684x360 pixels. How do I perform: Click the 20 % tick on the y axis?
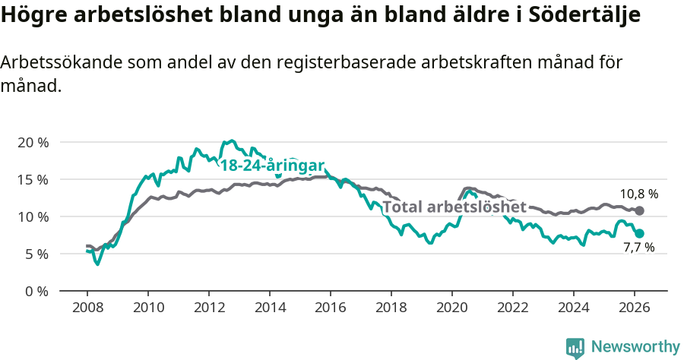tap(32, 142)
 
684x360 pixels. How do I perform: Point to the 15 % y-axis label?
tap(32, 179)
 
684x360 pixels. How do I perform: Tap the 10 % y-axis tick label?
tap(32, 216)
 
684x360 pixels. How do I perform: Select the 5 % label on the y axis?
tap(36, 254)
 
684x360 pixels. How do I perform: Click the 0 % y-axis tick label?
tap(36, 291)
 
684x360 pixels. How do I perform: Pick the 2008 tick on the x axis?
tap(87, 309)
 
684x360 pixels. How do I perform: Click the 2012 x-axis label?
tap(209, 309)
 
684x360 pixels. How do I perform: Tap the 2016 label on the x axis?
tap(331, 309)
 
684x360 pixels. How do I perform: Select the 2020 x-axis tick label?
tap(452, 309)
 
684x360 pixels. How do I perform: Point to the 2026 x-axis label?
tap(635, 309)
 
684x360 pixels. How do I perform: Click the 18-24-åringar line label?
tap(272, 166)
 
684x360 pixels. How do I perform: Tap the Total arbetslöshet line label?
tap(454, 207)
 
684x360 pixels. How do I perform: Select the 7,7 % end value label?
tap(638, 248)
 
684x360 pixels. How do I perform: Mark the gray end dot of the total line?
tap(639, 210)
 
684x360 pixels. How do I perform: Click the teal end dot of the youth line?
tap(639, 234)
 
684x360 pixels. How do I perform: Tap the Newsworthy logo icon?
tap(575, 347)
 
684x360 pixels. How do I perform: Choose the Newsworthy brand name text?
tap(635, 347)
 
